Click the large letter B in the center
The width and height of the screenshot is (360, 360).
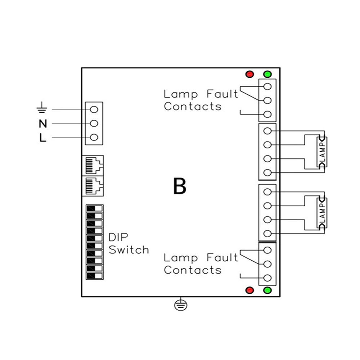click(180, 186)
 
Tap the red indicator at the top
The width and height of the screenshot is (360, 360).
click(249, 74)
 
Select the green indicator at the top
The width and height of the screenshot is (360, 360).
click(267, 74)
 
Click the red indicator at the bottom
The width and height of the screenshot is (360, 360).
click(249, 290)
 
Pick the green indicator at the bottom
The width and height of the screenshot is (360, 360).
click(267, 290)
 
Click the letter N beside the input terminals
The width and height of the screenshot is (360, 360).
click(43, 124)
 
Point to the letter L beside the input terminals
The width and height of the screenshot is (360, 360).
click(43, 138)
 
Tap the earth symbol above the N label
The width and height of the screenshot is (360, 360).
click(42, 107)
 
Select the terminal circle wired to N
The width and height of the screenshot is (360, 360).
click(94, 123)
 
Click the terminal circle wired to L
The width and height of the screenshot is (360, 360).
click(94, 138)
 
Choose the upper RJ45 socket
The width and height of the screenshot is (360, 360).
click(93, 165)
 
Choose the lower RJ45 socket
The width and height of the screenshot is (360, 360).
click(93, 186)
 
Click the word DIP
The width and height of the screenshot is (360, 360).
click(118, 237)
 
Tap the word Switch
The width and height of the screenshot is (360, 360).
click(129, 249)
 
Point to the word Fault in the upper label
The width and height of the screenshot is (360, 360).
click(222, 94)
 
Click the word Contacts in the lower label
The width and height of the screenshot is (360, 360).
click(193, 270)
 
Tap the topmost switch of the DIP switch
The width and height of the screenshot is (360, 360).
click(94, 208)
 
